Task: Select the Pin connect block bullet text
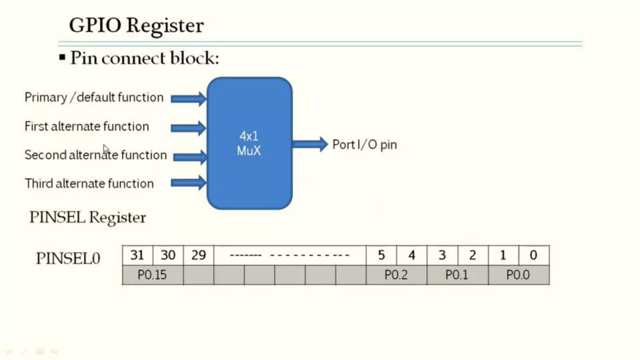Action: click(144, 58)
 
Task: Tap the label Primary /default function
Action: click(94, 97)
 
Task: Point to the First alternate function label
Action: click(87, 127)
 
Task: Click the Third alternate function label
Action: click(89, 183)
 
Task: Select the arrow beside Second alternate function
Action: click(190, 157)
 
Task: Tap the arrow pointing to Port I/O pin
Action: click(309, 144)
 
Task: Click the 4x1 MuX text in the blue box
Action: click(249, 143)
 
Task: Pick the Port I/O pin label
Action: click(364, 145)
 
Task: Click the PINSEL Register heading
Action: click(87, 217)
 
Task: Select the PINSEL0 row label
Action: click(68, 258)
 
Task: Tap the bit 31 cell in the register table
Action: click(137, 255)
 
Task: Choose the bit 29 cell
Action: click(198, 255)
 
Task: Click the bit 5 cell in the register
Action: click(381, 255)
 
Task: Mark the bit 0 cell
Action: click(533, 255)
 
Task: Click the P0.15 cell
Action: click(152, 275)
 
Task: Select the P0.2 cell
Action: click(396, 275)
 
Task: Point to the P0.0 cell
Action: click(518, 275)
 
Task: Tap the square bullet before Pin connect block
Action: click(62, 57)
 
